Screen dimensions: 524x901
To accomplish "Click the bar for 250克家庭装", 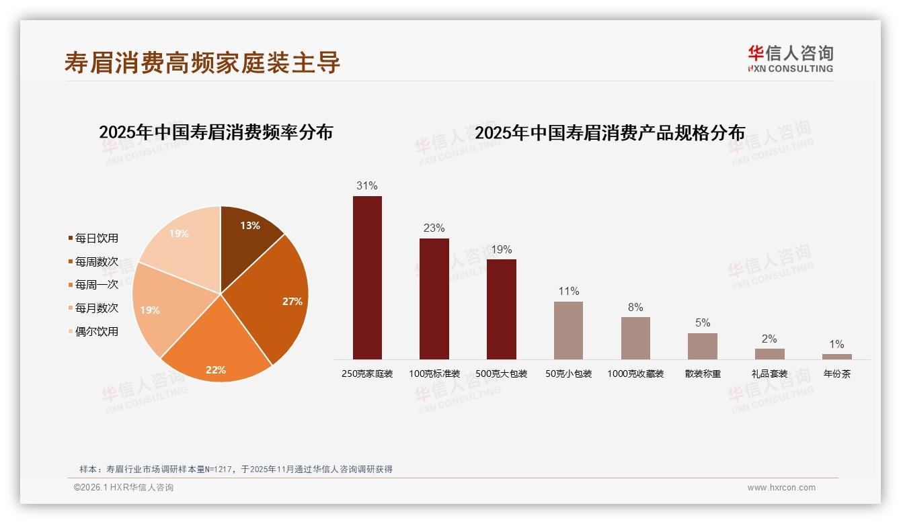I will click(367, 277).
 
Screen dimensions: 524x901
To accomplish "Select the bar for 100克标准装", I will click(434, 299).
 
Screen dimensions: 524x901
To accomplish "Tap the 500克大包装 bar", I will click(501, 309).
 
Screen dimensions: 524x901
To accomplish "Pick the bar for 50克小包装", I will click(568, 331).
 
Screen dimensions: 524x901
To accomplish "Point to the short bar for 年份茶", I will click(836, 357).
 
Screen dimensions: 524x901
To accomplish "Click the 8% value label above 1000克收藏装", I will click(635, 308).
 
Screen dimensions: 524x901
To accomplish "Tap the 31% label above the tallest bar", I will click(367, 186).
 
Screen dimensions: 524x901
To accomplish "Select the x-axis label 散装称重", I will click(703, 374).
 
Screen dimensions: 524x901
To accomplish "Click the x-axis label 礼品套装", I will click(769, 374).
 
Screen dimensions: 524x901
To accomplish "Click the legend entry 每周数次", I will click(96, 261).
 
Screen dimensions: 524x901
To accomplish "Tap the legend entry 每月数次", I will click(96, 308).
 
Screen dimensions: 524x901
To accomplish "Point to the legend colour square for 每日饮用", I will click(71, 238).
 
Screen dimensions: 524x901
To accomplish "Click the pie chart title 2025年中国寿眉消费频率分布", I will click(216, 132).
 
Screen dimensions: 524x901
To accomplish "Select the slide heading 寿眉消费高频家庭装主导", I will click(202, 62).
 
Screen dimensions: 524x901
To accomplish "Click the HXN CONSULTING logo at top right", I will click(791, 59).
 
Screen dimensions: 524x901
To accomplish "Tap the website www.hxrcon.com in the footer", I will click(781, 488).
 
